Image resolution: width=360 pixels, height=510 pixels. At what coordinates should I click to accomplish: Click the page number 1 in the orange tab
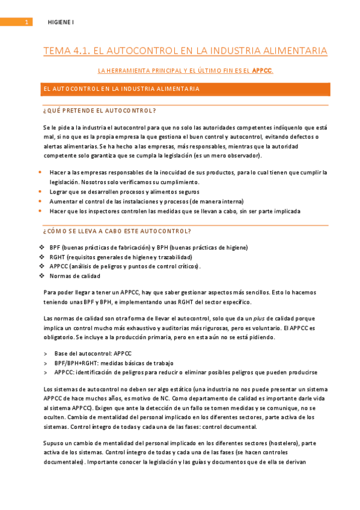[x=26, y=22]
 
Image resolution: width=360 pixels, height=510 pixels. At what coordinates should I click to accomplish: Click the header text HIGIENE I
[x=61, y=22]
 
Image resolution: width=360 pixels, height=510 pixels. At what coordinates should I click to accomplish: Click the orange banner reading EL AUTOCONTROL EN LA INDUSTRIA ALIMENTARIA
[x=186, y=89]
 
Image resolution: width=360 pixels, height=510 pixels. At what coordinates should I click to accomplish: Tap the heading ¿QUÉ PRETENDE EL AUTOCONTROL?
[x=100, y=111]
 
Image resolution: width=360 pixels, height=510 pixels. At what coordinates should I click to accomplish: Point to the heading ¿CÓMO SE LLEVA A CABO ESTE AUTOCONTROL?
[x=117, y=231]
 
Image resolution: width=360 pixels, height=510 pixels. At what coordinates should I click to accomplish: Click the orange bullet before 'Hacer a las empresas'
[x=40, y=172]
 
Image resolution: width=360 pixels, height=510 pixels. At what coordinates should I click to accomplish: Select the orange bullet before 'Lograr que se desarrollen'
[x=40, y=191]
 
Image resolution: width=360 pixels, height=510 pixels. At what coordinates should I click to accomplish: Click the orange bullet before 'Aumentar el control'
[x=40, y=201]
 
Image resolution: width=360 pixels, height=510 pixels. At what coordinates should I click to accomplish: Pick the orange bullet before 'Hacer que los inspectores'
[x=40, y=210]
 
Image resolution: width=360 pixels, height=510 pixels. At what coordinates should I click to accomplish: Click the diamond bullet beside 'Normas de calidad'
[x=41, y=275]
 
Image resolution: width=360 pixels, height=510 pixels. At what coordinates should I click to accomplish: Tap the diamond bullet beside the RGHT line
[x=41, y=257]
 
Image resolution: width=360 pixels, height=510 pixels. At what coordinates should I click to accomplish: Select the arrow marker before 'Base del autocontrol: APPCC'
[x=46, y=354]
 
